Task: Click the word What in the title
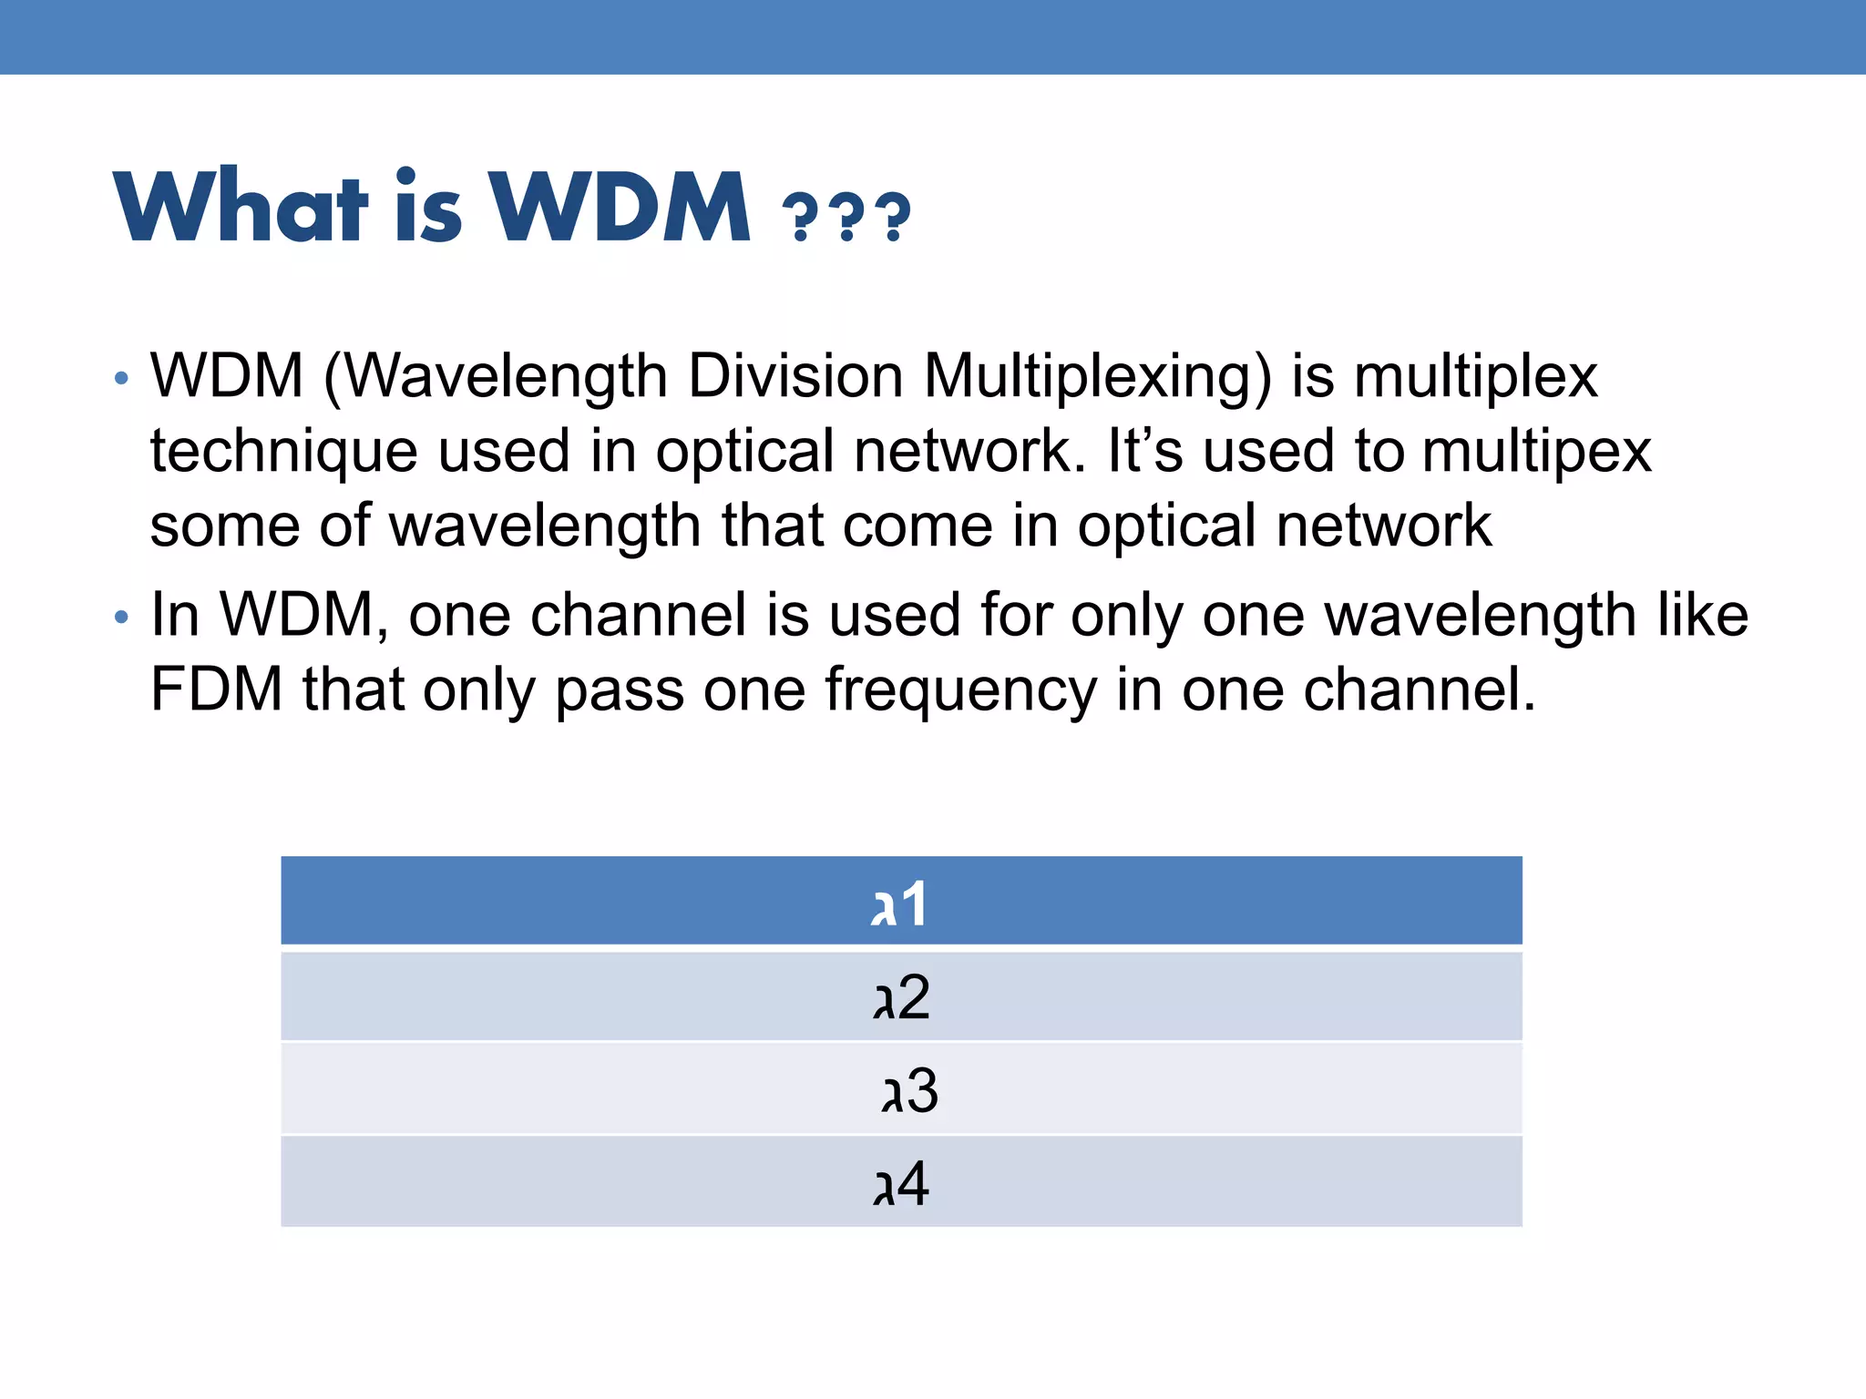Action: click(x=241, y=207)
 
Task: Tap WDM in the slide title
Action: click(x=620, y=207)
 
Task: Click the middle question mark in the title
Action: click(x=847, y=217)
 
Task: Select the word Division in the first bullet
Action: click(x=795, y=375)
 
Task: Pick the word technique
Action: click(x=283, y=452)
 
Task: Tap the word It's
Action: click(x=1144, y=450)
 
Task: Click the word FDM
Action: click(x=217, y=689)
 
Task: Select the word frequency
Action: click(x=960, y=690)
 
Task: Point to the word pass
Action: click(x=620, y=690)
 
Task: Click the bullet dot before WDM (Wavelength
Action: click(x=122, y=378)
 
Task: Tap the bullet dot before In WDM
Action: click(x=122, y=618)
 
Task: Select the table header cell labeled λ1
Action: click(x=900, y=902)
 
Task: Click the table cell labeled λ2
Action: click(x=900, y=996)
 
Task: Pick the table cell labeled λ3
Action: click(x=900, y=1089)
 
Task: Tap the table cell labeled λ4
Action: click(x=900, y=1182)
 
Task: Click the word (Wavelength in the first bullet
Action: click(x=496, y=377)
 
